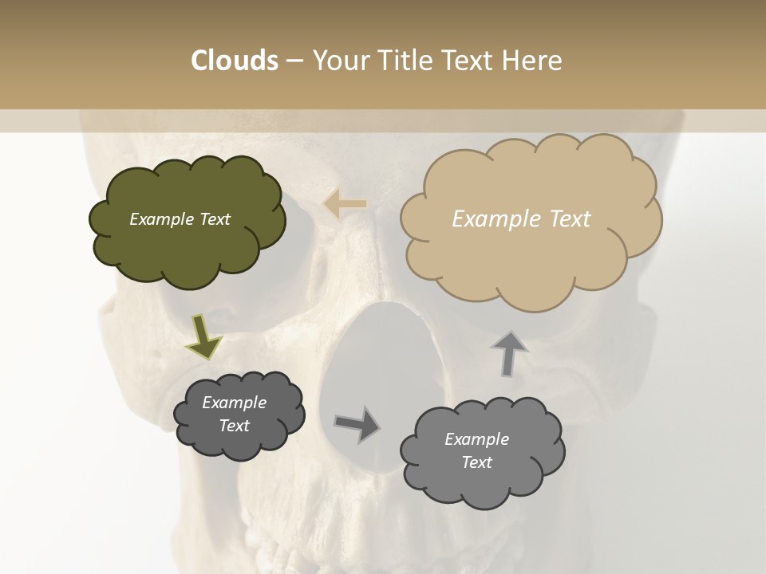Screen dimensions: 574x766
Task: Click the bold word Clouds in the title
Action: pos(235,61)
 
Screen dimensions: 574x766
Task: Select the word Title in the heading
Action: pos(404,61)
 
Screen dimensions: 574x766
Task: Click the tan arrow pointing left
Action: pos(345,204)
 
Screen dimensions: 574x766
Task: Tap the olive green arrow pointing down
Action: pos(204,336)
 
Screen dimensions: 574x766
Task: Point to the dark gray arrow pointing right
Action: pos(357,423)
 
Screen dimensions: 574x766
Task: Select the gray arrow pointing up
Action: pos(508,352)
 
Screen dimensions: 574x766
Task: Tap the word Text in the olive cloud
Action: pos(215,219)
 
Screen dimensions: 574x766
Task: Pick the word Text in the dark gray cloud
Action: pos(235,426)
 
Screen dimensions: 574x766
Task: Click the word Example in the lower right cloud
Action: pos(476,439)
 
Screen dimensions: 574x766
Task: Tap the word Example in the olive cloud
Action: pos(162,219)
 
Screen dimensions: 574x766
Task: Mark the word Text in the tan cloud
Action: pos(570,219)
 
